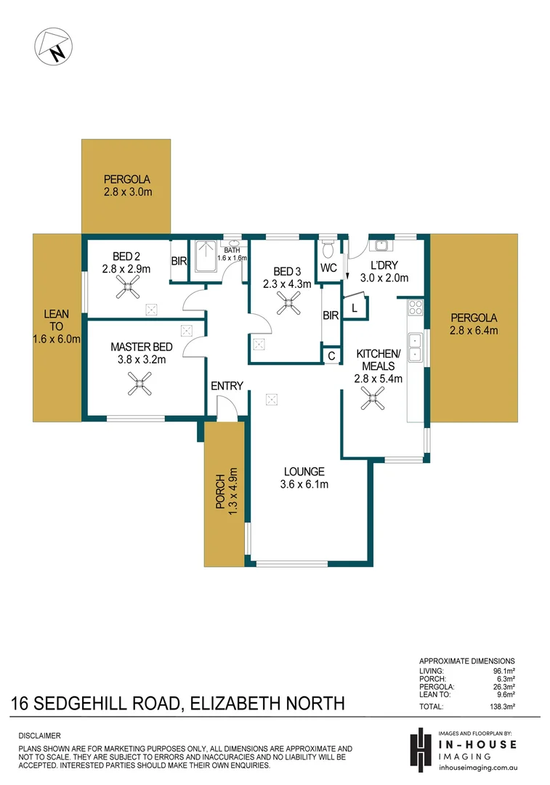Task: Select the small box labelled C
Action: click(x=331, y=356)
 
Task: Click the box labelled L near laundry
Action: click(x=354, y=308)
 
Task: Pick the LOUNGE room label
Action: click(x=304, y=472)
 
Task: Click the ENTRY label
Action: click(x=227, y=386)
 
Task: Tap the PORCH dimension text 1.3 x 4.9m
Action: click(x=232, y=492)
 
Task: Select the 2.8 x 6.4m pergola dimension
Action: click(x=474, y=331)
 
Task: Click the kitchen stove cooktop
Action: click(x=416, y=307)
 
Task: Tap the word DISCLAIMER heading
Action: click(x=40, y=736)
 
